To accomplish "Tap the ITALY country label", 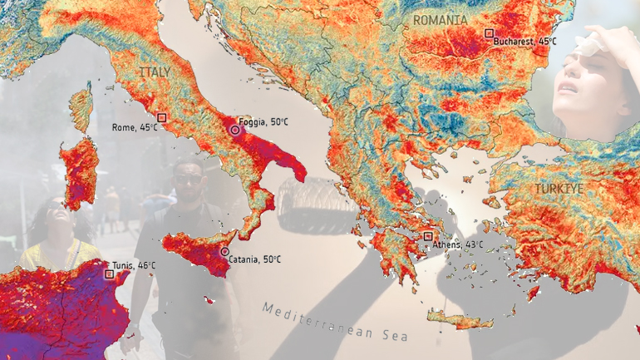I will (x=155, y=73).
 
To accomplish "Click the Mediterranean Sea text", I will (x=336, y=323).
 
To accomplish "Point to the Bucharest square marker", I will (x=489, y=33).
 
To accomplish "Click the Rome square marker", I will (x=162, y=118).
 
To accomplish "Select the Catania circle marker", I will (x=224, y=251).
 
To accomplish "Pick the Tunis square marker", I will (x=109, y=273).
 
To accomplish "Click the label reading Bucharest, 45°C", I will (x=525, y=41).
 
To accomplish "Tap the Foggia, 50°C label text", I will (x=263, y=121).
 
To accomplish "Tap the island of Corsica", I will (x=81, y=108).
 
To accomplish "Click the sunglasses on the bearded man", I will (x=187, y=179).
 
